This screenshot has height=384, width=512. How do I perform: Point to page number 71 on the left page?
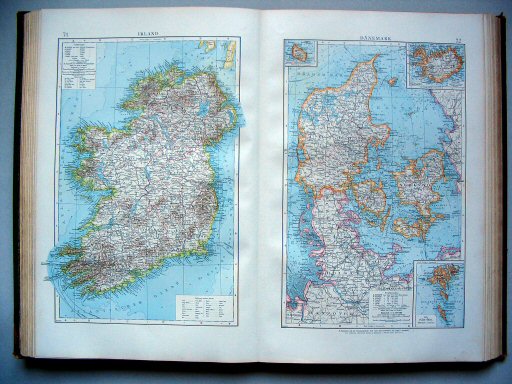[x=65, y=34]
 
